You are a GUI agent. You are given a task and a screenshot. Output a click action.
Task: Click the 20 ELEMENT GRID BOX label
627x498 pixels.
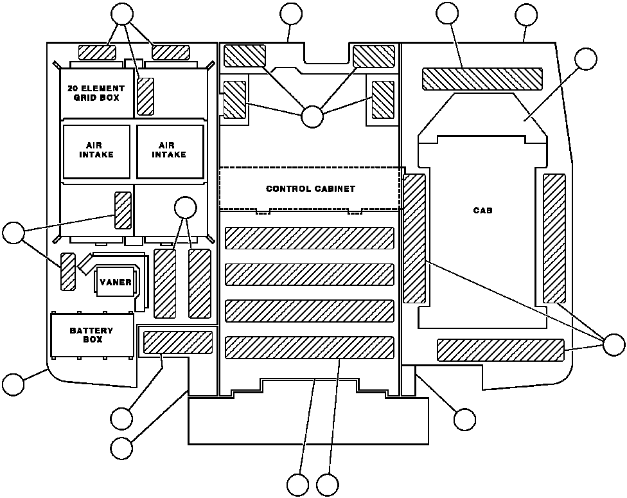tap(96, 93)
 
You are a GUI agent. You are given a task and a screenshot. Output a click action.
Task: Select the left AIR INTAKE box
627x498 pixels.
tap(96, 150)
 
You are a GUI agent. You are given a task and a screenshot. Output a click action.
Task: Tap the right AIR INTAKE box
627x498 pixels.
tap(170, 150)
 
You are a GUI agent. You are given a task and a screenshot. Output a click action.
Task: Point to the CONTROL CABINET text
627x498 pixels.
tap(310, 189)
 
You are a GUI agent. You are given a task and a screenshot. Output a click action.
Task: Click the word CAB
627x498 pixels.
tap(482, 210)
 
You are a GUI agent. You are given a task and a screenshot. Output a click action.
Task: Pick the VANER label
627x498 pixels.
tap(116, 282)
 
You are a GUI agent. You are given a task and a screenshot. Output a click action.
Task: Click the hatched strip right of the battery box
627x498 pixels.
tap(177, 342)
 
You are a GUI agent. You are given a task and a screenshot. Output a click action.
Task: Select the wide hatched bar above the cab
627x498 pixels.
tap(482, 78)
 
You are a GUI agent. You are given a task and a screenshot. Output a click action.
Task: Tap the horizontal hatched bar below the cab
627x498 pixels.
tap(500, 350)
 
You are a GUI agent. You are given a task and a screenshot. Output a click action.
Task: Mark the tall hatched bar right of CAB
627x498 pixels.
tap(554, 238)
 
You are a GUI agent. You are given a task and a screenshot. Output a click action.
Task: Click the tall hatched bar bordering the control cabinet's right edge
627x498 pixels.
tap(414, 238)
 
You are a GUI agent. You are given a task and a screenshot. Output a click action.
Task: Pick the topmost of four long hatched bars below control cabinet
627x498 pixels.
tap(309, 238)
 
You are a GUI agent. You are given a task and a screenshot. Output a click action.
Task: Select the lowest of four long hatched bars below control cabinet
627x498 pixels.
tap(309, 348)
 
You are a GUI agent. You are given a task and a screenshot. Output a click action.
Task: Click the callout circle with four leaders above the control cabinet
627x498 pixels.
tap(312, 116)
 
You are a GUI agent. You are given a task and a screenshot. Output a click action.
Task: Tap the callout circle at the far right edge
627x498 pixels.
tap(614, 344)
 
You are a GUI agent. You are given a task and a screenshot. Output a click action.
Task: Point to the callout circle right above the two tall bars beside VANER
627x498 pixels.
tap(186, 208)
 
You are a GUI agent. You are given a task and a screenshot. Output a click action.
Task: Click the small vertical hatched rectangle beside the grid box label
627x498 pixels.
tap(146, 96)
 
